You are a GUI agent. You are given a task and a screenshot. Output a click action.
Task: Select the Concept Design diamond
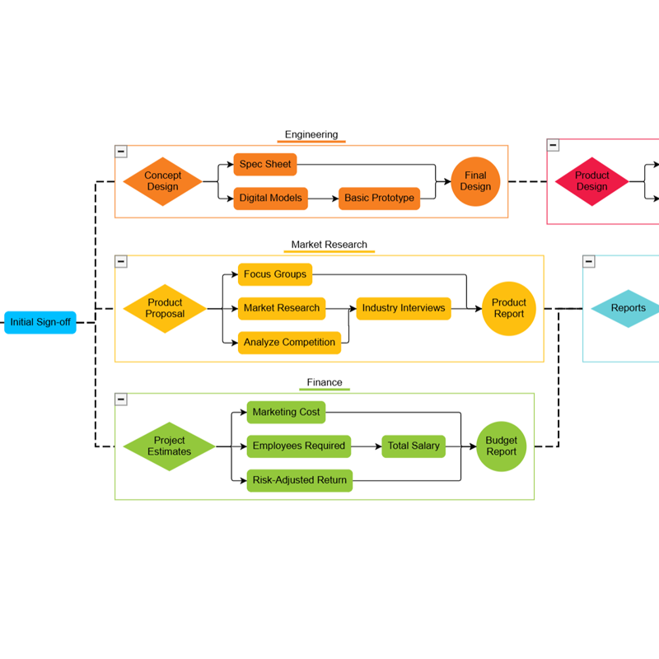click(x=162, y=181)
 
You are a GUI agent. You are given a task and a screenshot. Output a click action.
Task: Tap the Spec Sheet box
click(x=265, y=165)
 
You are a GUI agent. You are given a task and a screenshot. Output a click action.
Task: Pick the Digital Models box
click(x=271, y=199)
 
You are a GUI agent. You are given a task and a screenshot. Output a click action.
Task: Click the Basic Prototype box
click(x=379, y=199)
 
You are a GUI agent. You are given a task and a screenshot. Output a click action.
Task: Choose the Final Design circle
click(x=475, y=181)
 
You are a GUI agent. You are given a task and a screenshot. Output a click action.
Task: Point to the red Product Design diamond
click(x=591, y=181)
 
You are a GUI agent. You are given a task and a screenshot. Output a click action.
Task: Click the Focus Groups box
click(x=275, y=274)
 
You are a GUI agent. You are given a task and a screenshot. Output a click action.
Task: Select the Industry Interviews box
click(x=404, y=308)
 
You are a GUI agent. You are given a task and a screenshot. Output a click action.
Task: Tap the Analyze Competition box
click(x=289, y=343)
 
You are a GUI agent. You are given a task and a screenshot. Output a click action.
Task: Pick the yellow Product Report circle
click(x=509, y=308)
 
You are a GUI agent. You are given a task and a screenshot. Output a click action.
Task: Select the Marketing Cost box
click(x=286, y=412)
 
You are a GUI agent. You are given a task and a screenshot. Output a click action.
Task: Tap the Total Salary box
click(x=414, y=446)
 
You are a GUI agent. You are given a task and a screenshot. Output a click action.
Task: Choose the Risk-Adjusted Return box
click(x=300, y=480)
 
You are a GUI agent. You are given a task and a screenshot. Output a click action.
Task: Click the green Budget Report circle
click(x=501, y=446)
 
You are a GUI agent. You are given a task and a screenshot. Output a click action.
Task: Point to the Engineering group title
click(x=311, y=135)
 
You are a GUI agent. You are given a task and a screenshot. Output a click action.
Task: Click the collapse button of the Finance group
click(x=121, y=400)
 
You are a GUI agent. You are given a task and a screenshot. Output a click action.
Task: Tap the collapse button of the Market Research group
click(x=121, y=261)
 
